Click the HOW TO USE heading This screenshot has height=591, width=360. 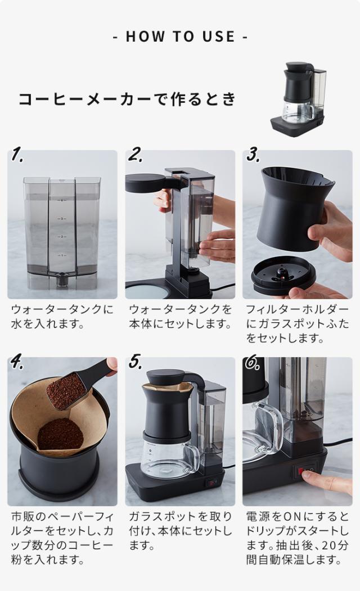180,37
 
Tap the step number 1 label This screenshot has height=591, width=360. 17,155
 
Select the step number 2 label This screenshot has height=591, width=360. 135,155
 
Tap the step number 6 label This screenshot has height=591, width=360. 253,363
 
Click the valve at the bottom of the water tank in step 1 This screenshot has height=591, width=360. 60,279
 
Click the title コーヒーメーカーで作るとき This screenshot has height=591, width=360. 128,100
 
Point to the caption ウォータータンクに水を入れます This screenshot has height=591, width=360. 62,317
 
